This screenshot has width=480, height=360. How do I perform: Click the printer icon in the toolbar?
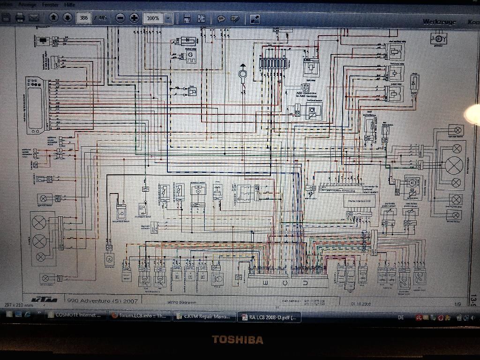click(20, 18)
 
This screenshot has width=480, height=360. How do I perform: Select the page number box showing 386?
click(84, 18)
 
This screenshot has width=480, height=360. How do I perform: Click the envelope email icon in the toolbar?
click(34, 18)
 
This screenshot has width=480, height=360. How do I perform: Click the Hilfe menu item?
click(69, 4)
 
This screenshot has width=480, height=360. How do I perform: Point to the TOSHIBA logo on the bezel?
click(237, 339)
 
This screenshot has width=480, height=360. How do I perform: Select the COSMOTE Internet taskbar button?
click(75, 315)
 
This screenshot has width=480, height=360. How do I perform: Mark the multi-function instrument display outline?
click(36, 105)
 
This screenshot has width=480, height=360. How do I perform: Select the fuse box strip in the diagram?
click(274, 63)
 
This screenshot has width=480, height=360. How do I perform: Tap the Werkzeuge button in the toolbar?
click(439, 22)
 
